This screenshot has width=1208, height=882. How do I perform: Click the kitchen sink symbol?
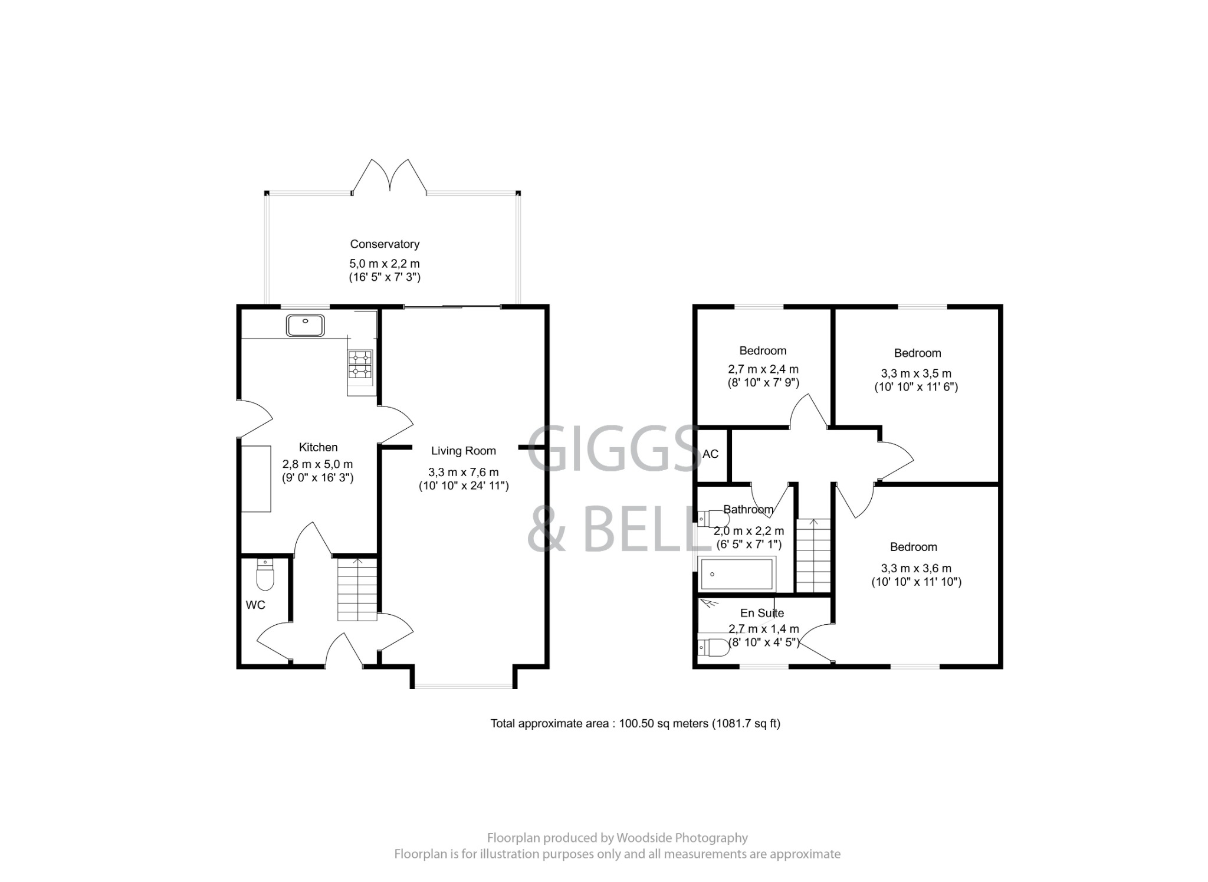(306, 325)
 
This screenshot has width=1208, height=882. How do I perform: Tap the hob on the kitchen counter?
(360, 365)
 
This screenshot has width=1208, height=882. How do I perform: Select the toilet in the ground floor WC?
(265, 575)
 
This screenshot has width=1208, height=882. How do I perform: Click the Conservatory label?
(385, 244)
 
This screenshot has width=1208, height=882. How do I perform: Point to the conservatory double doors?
(389, 177)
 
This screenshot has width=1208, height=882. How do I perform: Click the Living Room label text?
(463, 451)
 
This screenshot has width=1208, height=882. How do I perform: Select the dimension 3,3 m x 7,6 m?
(463, 473)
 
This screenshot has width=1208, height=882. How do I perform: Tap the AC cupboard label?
(711, 454)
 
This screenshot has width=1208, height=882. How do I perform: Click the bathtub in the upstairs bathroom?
(736, 574)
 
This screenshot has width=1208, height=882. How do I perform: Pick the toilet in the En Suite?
(713, 647)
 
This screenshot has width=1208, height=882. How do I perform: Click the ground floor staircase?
(357, 590)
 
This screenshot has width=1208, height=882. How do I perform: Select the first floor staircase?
(813, 556)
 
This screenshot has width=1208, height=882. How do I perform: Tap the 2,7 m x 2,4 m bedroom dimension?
(763, 370)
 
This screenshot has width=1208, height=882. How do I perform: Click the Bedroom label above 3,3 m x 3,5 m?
(917, 353)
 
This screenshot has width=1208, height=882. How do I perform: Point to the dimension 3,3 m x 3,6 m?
(916, 569)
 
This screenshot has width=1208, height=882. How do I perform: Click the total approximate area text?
(635, 723)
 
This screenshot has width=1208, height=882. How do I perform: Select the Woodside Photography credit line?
(617, 838)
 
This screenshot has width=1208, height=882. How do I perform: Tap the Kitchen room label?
(318, 447)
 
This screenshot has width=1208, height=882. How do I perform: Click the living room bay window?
(464, 686)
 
